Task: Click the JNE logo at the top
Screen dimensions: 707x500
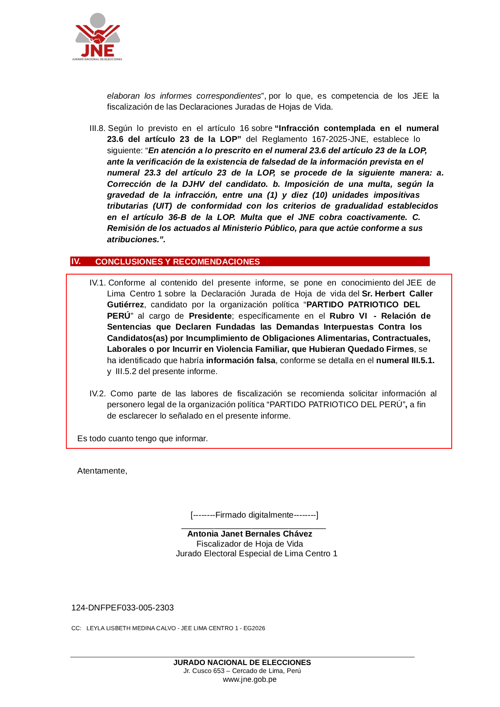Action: (97, 37)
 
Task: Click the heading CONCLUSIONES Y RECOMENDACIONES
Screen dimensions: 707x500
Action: (177, 262)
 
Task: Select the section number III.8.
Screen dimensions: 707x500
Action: (97, 128)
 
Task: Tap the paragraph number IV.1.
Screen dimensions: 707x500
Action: (97, 283)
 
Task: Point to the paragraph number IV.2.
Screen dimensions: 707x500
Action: (97, 394)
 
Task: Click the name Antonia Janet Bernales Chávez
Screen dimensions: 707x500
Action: (249, 534)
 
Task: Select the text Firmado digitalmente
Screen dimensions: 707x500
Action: (254, 515)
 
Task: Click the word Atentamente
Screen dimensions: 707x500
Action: (102, 471)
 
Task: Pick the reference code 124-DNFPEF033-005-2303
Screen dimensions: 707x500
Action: (123, 608)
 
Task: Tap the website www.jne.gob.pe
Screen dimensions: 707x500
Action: (249, 679)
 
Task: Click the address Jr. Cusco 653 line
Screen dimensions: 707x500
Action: (242, 671)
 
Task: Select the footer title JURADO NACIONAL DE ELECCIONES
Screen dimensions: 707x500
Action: (242, 662)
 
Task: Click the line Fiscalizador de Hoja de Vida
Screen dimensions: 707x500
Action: (249, 544)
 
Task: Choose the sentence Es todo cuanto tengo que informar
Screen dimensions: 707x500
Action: (142, 439)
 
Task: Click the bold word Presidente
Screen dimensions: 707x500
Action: (210, 316)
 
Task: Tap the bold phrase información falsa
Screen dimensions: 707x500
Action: (241, 361)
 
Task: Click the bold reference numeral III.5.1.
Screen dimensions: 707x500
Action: (405, 361)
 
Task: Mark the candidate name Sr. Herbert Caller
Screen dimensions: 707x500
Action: (397, 294)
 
